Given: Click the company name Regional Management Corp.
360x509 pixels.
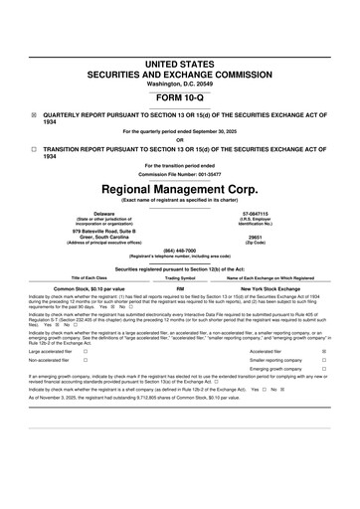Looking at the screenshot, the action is point(180,188).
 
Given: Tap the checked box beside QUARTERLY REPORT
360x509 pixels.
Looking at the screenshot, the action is point(34,114).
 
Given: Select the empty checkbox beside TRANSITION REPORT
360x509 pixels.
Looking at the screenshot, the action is point(34,147).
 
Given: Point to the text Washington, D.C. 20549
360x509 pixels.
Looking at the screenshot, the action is point(180,84).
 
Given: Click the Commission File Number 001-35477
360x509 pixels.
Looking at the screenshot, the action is point(180,174).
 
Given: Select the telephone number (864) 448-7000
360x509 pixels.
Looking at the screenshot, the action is point(180,250).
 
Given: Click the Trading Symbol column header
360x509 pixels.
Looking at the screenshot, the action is point(180,277).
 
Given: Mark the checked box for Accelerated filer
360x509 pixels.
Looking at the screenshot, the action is point(324,352).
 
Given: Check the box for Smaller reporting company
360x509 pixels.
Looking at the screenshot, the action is point(324,360).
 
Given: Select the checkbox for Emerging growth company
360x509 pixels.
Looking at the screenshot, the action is point(324,369).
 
